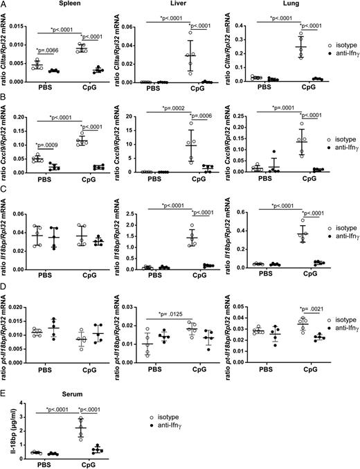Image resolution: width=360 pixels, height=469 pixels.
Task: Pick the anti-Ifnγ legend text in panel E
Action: point(177,429)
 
